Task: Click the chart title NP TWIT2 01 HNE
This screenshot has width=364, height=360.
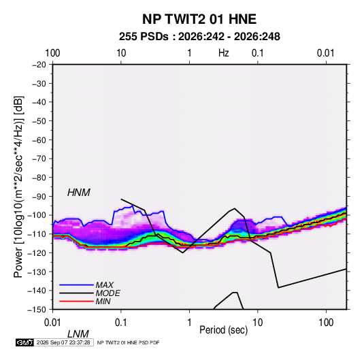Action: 199,19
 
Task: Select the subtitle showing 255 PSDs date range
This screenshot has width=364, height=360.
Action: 199,37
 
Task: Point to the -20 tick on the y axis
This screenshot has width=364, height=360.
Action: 39,65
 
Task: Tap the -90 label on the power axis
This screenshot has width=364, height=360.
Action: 39,197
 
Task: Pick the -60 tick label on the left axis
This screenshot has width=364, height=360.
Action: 39,140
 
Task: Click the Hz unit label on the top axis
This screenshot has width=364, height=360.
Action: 224,53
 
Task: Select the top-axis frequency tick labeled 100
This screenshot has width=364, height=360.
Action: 52,53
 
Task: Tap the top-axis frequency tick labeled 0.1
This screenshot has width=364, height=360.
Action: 258,53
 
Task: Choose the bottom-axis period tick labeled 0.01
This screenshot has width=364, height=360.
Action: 52,323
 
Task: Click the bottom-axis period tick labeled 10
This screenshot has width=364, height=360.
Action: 258,323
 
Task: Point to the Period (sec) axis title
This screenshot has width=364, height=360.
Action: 224,330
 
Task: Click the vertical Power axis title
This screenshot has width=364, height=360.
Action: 18,186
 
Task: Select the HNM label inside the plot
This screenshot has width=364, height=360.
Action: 79,193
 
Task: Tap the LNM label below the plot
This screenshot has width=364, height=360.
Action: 78,334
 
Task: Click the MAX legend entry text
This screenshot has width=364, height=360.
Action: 105,285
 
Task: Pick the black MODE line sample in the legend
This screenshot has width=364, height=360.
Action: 76,293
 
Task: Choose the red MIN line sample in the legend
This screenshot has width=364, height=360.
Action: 76,301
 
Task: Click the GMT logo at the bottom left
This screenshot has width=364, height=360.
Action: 25,342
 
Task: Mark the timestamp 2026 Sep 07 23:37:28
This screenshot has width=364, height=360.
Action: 63,342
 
